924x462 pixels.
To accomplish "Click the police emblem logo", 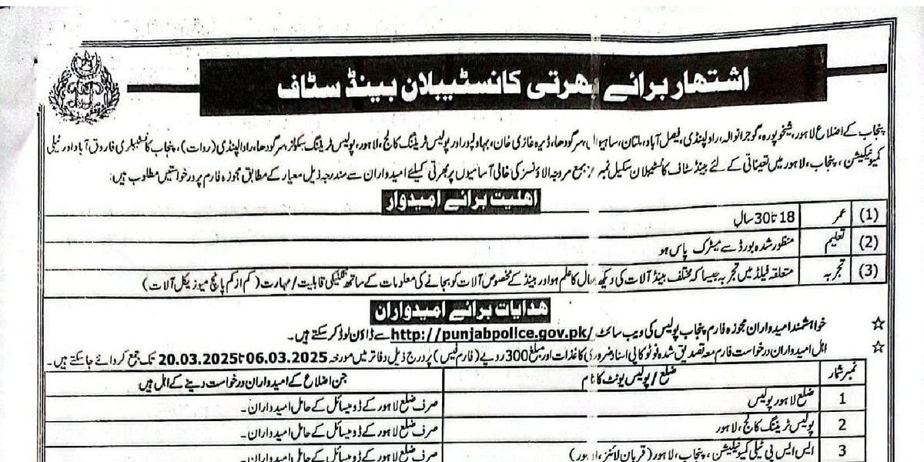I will (x=83, y=88).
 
